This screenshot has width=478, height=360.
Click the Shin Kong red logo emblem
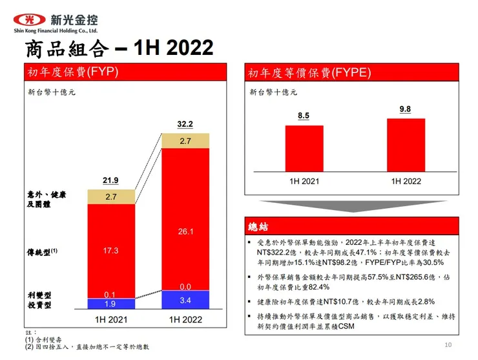(26, 19)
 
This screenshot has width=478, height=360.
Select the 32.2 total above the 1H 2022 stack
(185, 124)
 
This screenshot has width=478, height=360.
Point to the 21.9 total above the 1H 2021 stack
(111, 180)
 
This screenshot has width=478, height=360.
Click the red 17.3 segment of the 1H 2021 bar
(111, 250)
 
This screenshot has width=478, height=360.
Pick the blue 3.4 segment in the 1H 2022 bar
(185, 300)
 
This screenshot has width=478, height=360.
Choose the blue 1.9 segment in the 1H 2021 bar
(111, 304)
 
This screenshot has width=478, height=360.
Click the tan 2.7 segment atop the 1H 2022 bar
(185, 141)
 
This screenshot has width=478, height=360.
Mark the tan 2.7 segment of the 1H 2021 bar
(111, 196)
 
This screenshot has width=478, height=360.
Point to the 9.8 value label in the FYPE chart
(406, 109)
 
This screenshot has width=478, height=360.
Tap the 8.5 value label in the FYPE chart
(304, 116)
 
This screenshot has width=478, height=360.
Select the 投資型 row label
(39, 304)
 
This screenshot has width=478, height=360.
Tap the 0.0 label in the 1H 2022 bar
(185, 286)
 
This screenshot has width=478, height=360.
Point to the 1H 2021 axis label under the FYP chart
(111, 320)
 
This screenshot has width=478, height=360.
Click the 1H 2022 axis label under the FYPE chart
(406, 181)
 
